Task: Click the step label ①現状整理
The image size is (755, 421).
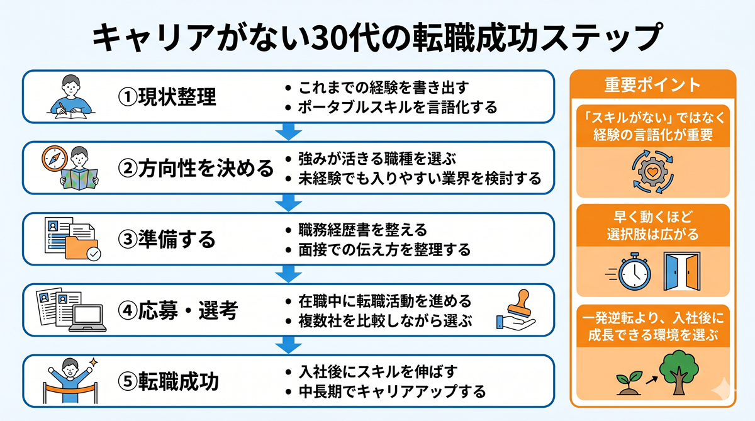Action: click(167, 97)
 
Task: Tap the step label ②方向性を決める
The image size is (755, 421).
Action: click(196, 168)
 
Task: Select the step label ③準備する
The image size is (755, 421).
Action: click(167, 239)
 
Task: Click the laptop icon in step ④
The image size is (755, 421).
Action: click(87, 318)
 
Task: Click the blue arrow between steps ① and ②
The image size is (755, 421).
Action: click(289, 132)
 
